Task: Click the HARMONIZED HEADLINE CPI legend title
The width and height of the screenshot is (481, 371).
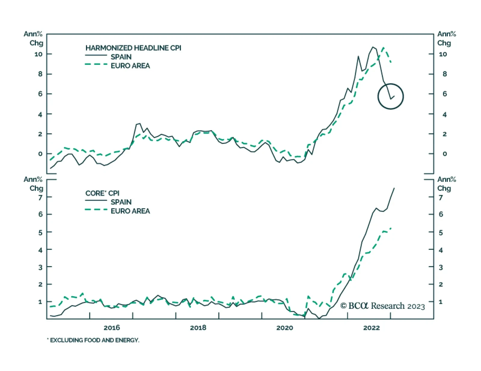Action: tap(133, 48)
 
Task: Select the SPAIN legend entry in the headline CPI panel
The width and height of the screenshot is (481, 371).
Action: tap(121, 57)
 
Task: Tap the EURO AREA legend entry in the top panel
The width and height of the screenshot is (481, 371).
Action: tap(130, 66)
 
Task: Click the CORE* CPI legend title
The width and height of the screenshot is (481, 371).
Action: tap(102, 193)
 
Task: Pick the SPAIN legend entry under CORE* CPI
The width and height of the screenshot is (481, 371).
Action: tap(121, 202)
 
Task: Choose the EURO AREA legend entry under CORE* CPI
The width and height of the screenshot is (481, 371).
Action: tap(130, 211)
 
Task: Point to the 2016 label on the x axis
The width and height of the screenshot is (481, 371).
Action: tap(112, 327)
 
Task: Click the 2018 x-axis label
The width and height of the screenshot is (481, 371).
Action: tap(198, 327)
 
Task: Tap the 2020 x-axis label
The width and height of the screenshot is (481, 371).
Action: tap(284, 327)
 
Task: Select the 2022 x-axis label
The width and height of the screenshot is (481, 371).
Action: tap(371, 327)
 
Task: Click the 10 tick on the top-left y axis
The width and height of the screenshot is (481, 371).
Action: tap(38, 54)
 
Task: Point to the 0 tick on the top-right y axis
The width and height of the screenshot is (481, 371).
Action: tap(445, 154)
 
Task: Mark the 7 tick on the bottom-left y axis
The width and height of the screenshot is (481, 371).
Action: tap(40, 197)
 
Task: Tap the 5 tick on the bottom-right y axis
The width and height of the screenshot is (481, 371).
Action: tap(441, 233)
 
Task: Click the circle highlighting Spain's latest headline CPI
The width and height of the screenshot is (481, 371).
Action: tap(391, 96)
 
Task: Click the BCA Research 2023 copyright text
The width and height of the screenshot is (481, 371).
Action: tap(382, 306)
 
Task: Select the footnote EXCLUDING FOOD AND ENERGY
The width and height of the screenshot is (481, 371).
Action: tap(94, 340)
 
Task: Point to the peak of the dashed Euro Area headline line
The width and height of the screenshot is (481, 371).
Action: tap(383, 47)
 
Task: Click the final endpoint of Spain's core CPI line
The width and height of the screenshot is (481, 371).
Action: tap(394, 188)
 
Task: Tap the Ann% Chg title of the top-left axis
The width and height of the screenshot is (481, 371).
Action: tap(34, 38)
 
